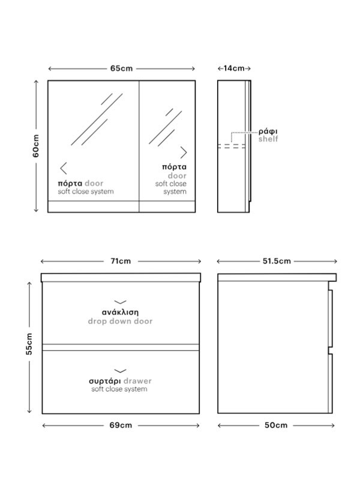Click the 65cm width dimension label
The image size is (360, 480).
(x=122, y=68)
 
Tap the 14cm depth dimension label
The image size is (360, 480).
(x=234, y=68)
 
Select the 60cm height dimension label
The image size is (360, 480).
(x=36, y=146)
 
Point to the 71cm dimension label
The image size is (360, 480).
(x=121, y=261)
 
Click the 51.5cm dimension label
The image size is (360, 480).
(x=277, y=261)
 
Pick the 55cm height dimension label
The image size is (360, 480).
(x=29, y=344)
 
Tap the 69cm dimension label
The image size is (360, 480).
(x=121, y=425)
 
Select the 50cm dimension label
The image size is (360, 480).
(x=276, y=425)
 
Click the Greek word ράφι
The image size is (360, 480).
(x=268, y=131)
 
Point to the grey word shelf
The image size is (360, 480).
(x=268, y=139)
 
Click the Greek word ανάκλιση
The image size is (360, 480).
(x=121, y=312)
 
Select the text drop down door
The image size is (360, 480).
(x=121, y=321)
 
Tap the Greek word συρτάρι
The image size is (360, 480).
(x=105, y=381)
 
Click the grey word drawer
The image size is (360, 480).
(x=138, y=381)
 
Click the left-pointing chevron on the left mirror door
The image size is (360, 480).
(x=63, y=169)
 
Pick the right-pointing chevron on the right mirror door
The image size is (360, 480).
(x=184, y=152)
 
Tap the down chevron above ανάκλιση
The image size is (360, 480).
(x=121, y=302)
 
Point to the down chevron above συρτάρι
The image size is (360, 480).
(x=121, y=371)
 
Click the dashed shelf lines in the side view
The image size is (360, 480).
(x=232, y=146)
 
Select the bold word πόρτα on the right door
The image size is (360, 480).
(x=174, y=167)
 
